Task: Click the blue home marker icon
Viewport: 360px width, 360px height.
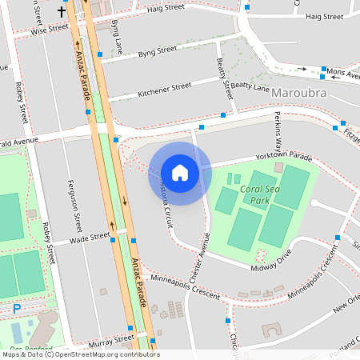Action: click(x=180, y=173)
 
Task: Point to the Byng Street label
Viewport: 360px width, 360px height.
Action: click(x=157, y=51)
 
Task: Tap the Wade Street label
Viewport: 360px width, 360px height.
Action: click(x=89, y=238)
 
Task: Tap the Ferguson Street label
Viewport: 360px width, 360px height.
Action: click(x=77, y=201)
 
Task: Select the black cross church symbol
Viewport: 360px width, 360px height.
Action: click(x=62, y=13)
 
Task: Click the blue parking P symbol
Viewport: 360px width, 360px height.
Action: click(x=17, y=308)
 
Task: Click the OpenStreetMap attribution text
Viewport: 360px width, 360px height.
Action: click(x=80, y=354)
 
